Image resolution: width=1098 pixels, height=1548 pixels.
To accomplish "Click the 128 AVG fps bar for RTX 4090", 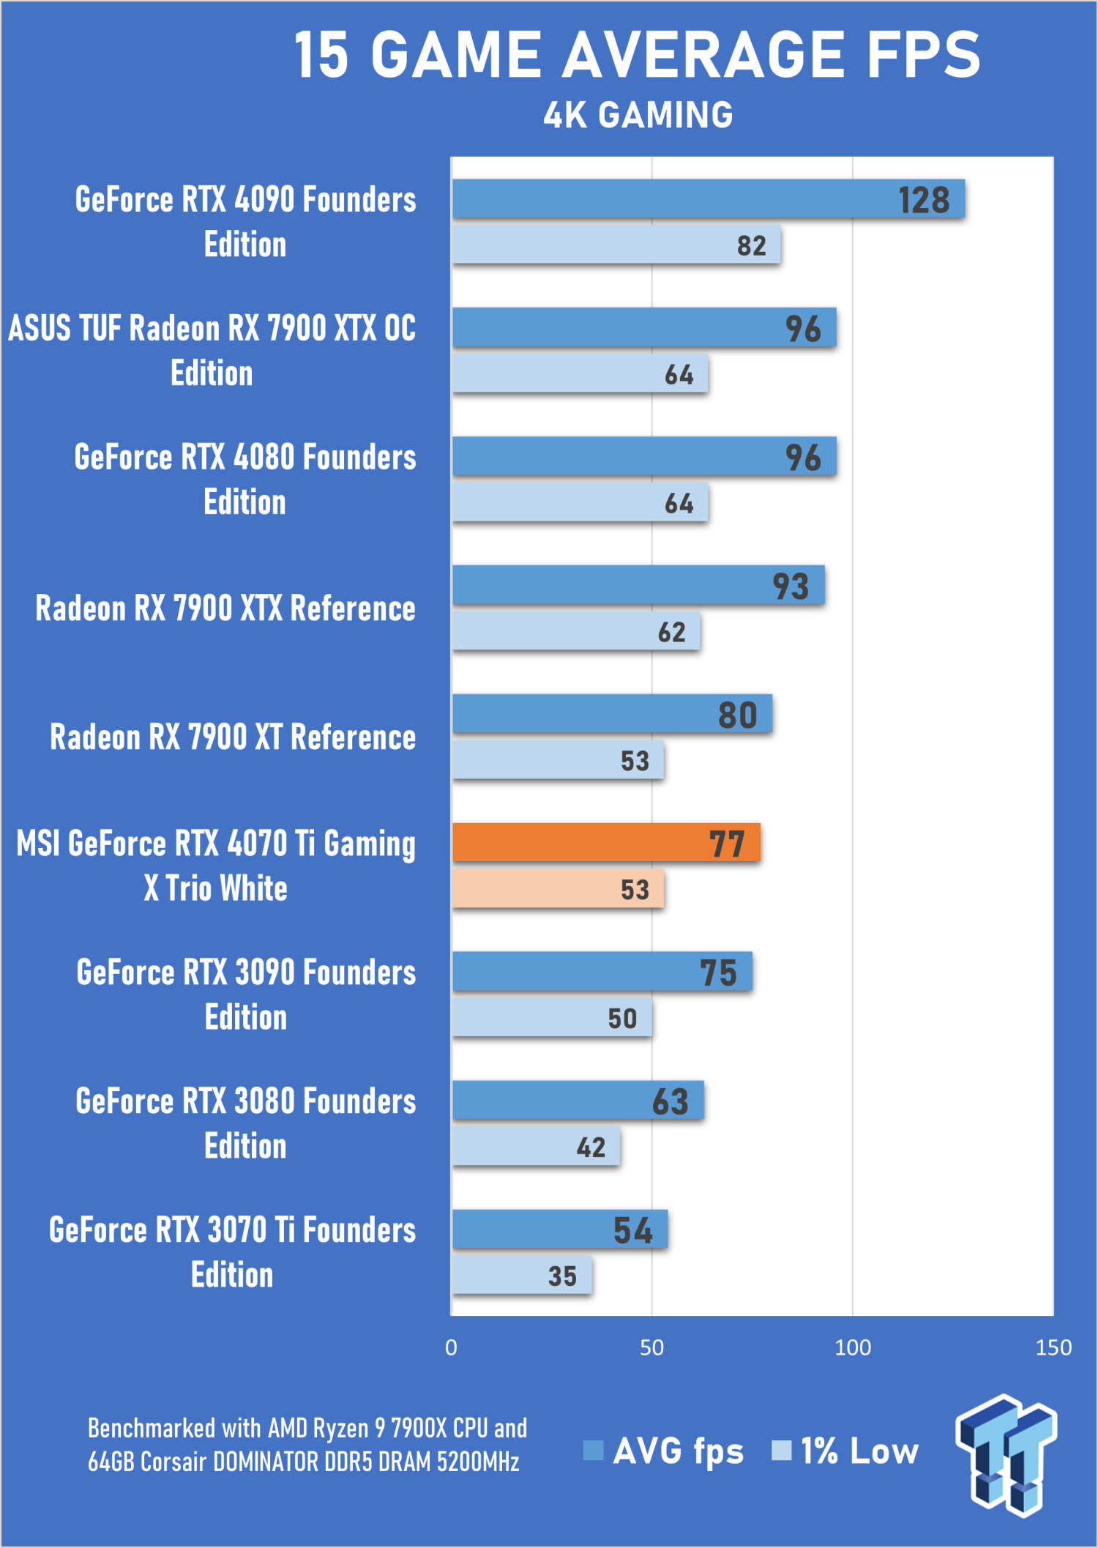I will tap(708, 199).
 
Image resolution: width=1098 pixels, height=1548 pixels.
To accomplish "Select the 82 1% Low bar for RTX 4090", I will tap(616, 245).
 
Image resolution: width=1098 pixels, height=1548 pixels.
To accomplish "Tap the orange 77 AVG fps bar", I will tap(606, 843).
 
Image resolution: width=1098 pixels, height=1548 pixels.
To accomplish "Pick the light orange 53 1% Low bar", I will tap(558, 889).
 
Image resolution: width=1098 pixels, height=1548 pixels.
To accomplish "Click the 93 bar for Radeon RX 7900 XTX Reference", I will tap(638, 585).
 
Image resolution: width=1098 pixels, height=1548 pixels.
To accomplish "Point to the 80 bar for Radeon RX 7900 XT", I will tap(612, 714).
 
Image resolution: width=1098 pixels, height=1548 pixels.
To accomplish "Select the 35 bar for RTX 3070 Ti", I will tap(522, 1276).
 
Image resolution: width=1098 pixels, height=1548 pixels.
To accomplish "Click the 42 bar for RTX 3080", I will tap(536, 1147).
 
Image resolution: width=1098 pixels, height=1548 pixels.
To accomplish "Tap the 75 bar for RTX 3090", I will tap(602, 972).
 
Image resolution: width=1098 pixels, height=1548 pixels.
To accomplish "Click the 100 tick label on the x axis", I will tap(853, 1348).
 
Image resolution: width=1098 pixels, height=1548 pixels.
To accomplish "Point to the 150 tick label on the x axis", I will tap(1053, 1348).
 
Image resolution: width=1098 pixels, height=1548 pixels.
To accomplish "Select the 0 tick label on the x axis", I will tap(451, 1348).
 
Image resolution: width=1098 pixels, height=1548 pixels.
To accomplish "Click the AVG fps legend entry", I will tap(663, 1451).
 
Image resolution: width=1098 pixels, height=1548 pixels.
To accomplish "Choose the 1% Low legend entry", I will tap(845, 1451).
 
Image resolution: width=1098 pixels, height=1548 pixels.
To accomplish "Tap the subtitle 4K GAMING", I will tap(638, 115).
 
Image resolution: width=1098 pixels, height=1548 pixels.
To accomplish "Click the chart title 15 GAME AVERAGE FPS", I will tap(637, 55).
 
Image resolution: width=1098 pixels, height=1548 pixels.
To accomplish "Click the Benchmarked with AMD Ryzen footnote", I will tap(307, 1444).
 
